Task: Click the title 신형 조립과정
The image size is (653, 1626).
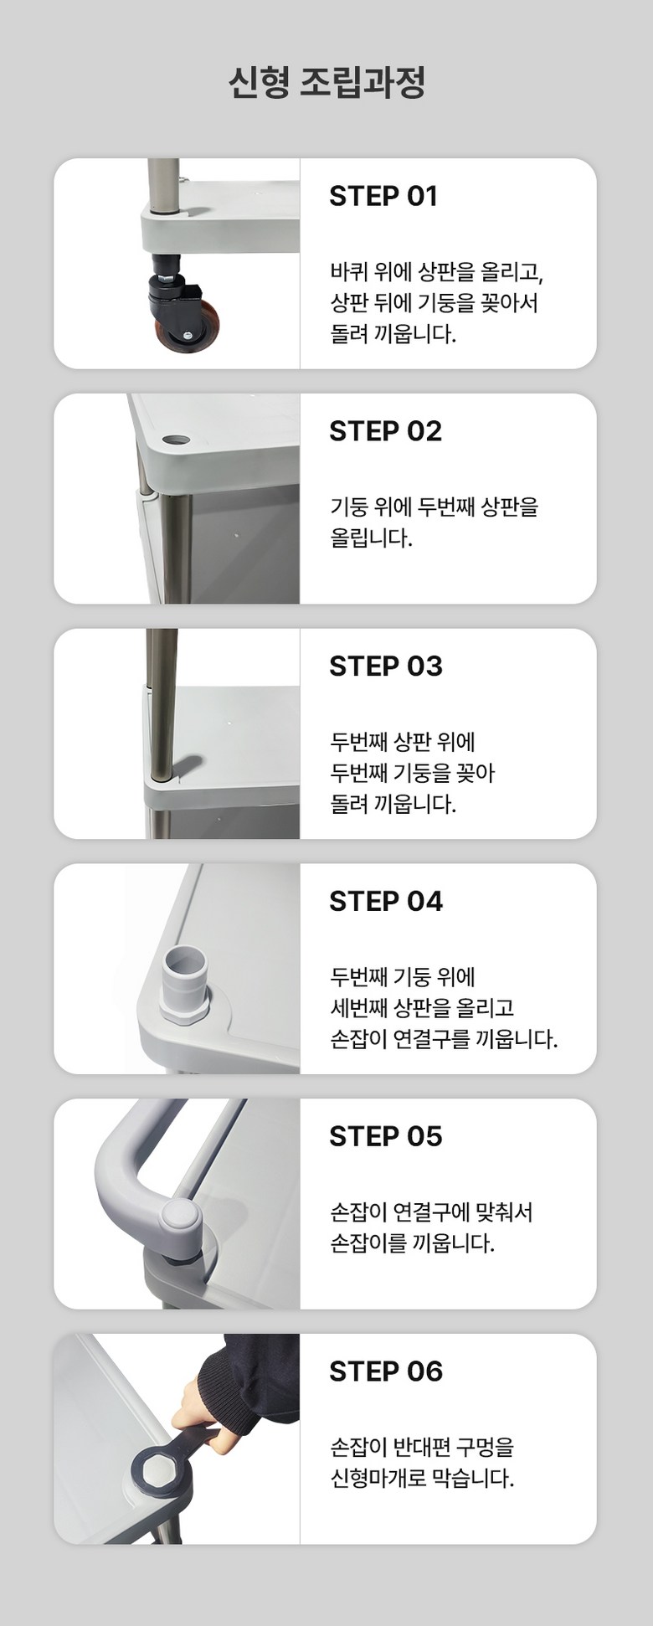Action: click(x=326, y=83)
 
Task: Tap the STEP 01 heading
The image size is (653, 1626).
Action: click(x=383, y=196)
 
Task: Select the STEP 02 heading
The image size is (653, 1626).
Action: click(x=385, y=431)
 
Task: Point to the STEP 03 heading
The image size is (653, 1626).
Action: click(x=385, y=666)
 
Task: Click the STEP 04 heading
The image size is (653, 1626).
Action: click(x=386, y=902)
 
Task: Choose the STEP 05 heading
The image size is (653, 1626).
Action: click(x=385, y=1137)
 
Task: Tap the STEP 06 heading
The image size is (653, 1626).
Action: click(x=386, y=1372)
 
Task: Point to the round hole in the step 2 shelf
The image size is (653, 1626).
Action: click(x=177, y=438)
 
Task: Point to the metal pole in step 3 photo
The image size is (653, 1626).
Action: click(x=161, y=703)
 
